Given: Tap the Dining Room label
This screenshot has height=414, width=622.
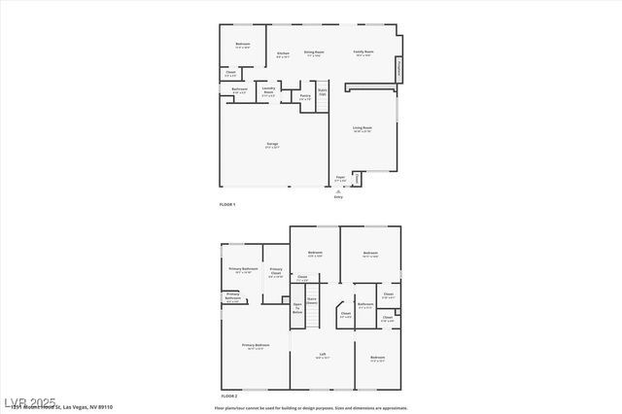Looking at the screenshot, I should [x=314, y=52].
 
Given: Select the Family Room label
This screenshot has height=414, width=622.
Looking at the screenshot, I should [x=364, y=52].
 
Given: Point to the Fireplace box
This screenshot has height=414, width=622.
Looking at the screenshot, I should [x=397, y=68].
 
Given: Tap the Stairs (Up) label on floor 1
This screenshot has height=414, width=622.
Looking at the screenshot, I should [x=323, y=92].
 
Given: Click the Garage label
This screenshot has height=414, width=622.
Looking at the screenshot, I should [x=273, y=145].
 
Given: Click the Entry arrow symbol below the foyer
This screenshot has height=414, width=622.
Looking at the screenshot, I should [x=338, y=191].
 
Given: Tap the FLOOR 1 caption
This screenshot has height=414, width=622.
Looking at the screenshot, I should [x=227, y=204].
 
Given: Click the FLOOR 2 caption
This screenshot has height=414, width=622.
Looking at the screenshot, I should [x=228, y=397].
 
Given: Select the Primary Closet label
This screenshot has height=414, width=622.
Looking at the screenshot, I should [x=276, y=271].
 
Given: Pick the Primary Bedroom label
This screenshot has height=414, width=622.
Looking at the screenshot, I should [x=256, y=345].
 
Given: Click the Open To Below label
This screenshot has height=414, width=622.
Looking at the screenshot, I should [x=297, y=307].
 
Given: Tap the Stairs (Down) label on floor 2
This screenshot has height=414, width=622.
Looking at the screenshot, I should [x=312, y=301].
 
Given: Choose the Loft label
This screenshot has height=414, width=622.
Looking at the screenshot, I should [x=323, y=355].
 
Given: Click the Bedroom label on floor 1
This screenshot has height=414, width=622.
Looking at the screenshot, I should [x=243, y=45].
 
